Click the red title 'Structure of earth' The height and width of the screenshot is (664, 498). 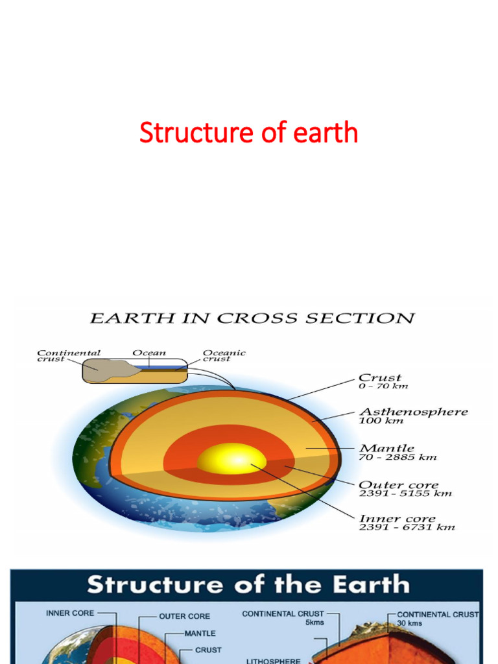pos(248,133)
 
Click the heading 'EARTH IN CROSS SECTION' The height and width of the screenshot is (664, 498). pos(252,318)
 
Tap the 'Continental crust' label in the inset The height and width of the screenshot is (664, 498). pos(68,356)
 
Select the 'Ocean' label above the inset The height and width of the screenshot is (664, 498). pos(148,353)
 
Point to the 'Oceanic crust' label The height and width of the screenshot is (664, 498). pos(224,356)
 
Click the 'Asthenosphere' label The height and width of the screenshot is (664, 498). pos(413,412)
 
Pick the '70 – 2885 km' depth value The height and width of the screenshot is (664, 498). pos(397,457)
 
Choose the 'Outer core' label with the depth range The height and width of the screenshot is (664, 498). pos(398,485)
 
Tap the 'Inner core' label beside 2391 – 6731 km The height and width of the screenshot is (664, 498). pos(397,519)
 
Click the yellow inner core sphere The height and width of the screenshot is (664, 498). pos(231,459)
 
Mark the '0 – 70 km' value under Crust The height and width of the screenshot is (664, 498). pos(383,386)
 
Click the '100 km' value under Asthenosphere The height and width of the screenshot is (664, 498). pos(381,421)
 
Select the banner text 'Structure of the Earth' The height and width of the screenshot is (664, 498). pos(248,584)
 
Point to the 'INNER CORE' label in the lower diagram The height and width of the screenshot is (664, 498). pos(70,613)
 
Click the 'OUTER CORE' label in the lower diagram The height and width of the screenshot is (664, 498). pos(184,617)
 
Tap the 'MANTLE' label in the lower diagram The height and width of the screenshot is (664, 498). pos(200,633)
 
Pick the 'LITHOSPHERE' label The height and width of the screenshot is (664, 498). pos(273,661)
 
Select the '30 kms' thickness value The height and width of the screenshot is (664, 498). pos(409,622)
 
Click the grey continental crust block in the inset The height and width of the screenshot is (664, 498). pos(104,370)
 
